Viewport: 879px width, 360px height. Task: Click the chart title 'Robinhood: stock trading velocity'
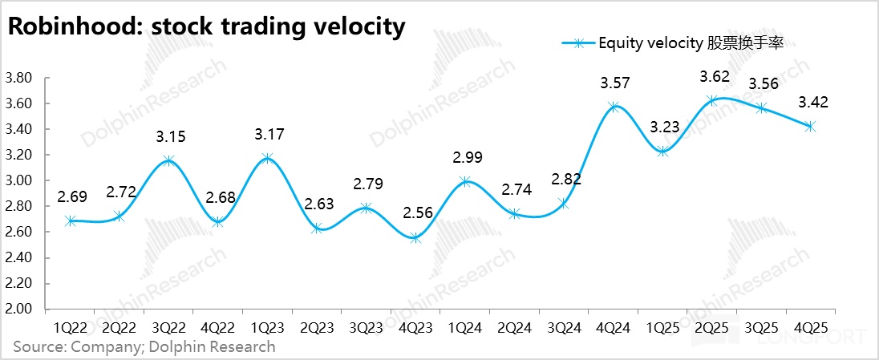coord(206,26)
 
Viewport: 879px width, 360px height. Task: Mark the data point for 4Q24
coord(614,107)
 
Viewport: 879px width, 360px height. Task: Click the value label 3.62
coord(713,78)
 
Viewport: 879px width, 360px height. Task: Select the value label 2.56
coord(416,214)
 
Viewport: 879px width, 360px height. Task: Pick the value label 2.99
coord(466,159)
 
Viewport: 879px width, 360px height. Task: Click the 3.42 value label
coord(812,103)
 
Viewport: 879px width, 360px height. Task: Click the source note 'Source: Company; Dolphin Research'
coord(144,347)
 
